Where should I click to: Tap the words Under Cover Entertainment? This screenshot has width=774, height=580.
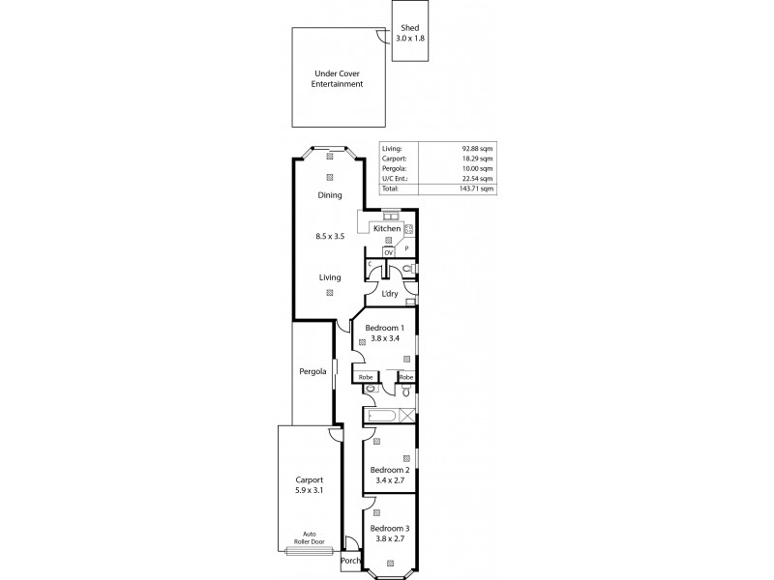[x=337, y=79]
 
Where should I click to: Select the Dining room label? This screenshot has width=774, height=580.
[x=330, y=195]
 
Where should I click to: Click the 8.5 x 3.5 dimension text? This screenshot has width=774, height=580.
[x=330, y=235]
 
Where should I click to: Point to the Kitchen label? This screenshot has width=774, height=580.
[x=387, y=229]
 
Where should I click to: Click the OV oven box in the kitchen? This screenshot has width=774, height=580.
[x=389, y=252]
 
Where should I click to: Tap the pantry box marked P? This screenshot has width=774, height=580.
[x=406, y=248]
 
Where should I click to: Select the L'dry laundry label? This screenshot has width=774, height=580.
[x=390, y=293]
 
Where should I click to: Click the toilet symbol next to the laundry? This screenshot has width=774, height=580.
[x=408, y=270]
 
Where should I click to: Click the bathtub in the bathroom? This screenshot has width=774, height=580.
[x=379, y=416]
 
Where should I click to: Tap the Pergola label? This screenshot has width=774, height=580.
[x=312, y=370]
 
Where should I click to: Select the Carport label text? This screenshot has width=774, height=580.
[x=309, y=479]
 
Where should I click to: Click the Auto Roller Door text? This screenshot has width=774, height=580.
[x=309, y=537]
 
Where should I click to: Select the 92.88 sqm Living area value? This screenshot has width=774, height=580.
[x=479, y=148]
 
